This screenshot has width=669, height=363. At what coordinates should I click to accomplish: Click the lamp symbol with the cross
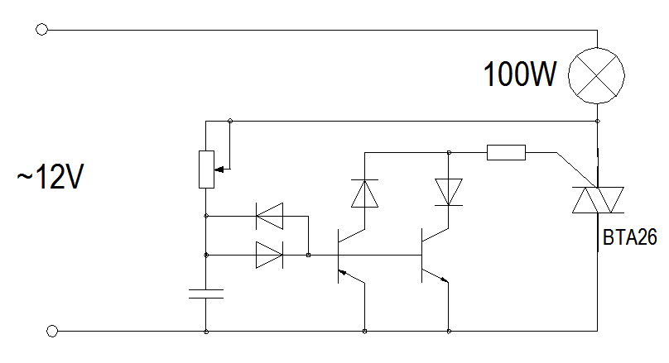[597, 78]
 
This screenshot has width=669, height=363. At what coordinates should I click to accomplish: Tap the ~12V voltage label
[50, 178]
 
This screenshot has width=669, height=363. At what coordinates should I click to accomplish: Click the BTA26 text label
[630, 239]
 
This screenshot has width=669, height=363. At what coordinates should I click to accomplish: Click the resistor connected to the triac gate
[505, 152]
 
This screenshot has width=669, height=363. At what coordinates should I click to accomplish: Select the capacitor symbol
[205, 293]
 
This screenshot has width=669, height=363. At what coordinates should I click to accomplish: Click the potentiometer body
[205, 169]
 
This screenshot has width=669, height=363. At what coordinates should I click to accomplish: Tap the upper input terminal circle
[42, 30]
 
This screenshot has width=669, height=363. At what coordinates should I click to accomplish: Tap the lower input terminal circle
[52, 332]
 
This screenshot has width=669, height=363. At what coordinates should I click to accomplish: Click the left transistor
[348, 256]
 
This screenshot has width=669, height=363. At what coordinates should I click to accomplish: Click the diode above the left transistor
[363, 193]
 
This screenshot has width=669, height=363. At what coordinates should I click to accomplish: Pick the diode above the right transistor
[448, 192]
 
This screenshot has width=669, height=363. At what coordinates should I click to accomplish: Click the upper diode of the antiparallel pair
[268, 217]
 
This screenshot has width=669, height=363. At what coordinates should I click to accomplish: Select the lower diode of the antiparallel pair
[268, 256]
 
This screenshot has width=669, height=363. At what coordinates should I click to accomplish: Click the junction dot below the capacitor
[205, 332]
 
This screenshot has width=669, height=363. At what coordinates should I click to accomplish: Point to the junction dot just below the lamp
[597, 121]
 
